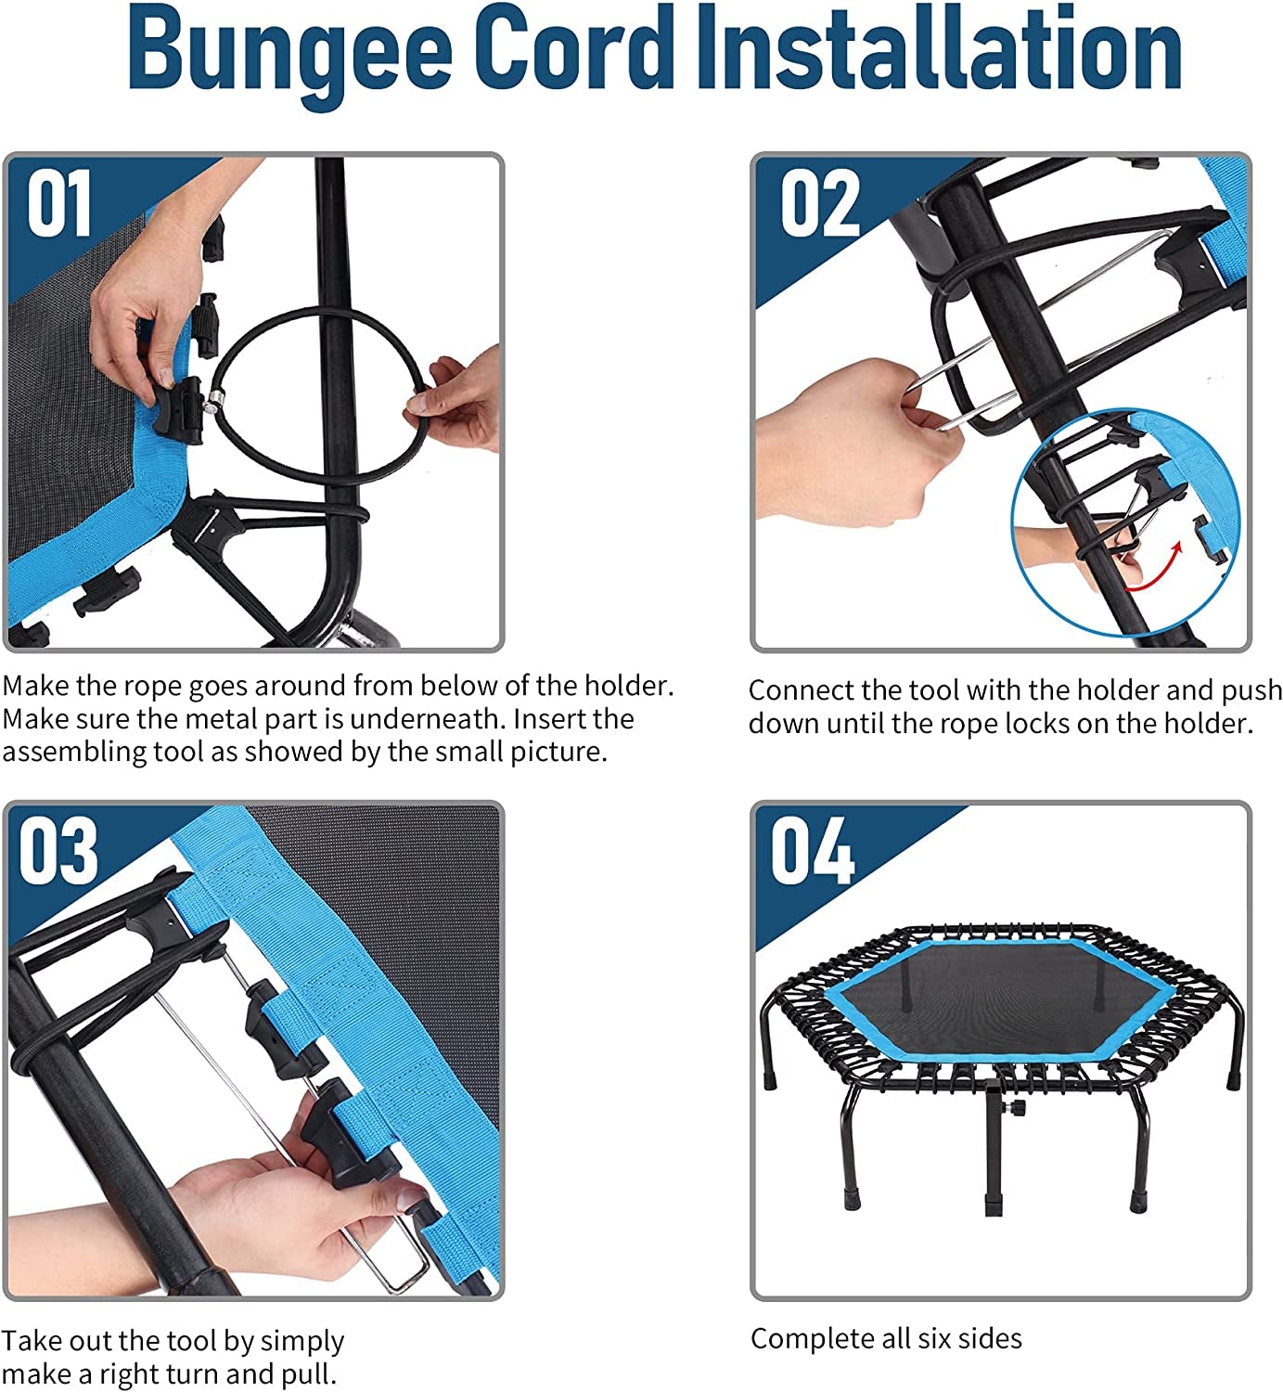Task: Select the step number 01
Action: pos(59,202)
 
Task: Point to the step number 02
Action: pos(820,202)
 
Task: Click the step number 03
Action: pos(58,850)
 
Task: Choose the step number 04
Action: pos(813,850)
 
